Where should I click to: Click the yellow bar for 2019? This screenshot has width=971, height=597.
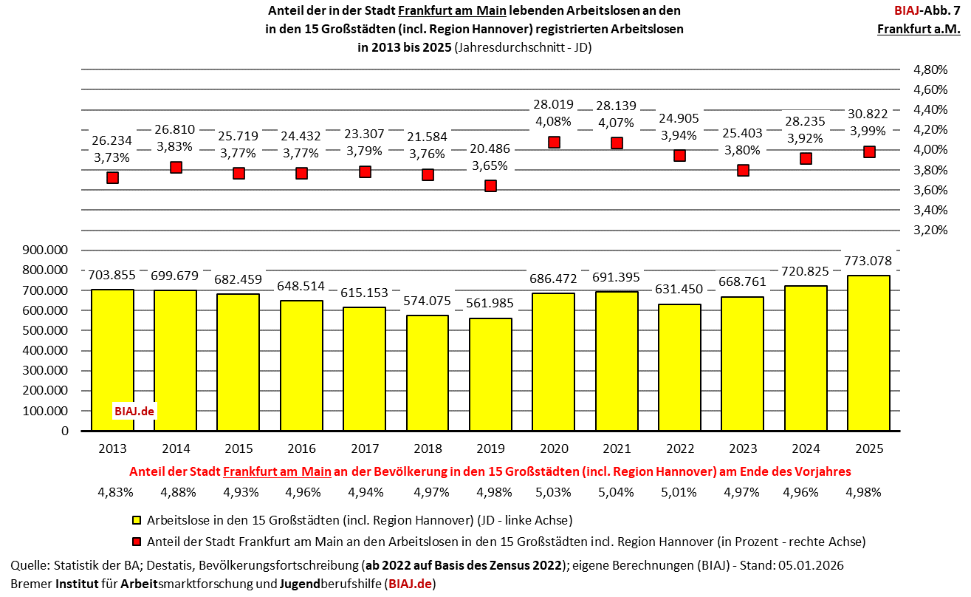click(490, 374)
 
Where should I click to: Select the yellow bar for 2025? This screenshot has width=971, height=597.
click(868, 352)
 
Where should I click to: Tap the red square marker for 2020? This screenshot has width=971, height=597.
click(554, 142)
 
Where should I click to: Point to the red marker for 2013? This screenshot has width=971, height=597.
click(112, 177)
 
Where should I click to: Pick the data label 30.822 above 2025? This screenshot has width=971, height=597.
click(869, 112)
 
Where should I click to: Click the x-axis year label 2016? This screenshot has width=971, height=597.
click(301, 449)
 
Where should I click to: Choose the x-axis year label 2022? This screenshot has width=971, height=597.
click(679, 449)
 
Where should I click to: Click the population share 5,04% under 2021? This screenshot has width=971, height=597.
click(617, 492)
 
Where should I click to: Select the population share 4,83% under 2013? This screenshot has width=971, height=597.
click(112, 492)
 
